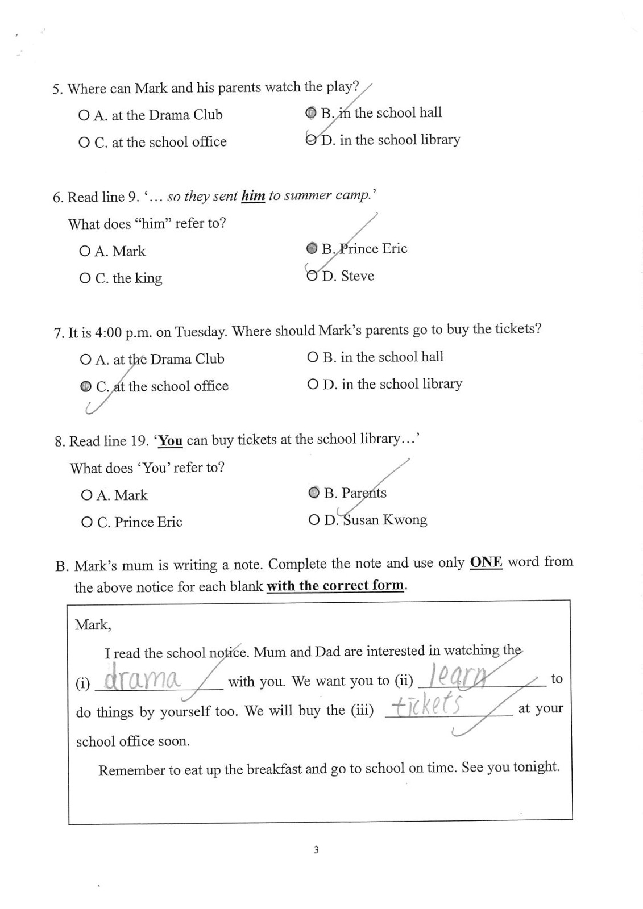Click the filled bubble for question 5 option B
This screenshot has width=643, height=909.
(x=310, y=113)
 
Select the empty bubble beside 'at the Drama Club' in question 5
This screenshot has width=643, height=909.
(x=84, y=116)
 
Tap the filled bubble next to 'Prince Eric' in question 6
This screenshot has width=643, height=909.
(x=312, y=248)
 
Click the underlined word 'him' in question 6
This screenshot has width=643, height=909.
(x=253, y=196)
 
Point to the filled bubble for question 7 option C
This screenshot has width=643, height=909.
(x=85, y=387)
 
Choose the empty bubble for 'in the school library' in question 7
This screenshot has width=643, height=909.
(x=312, y=385)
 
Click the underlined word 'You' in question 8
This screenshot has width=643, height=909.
(x=171, y=441)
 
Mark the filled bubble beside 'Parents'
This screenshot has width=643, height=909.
(x=313, y=493)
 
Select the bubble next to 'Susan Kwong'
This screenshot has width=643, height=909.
(x=313, y=520)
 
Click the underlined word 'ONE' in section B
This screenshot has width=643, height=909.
(x=486, y=562)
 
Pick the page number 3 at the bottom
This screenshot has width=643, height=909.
(x=316, y=850)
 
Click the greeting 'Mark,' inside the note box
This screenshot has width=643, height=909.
(x=93, y=625)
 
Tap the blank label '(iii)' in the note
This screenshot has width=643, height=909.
(x=362, y=710)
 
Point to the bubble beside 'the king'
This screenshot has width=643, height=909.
(x=85, y=278)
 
